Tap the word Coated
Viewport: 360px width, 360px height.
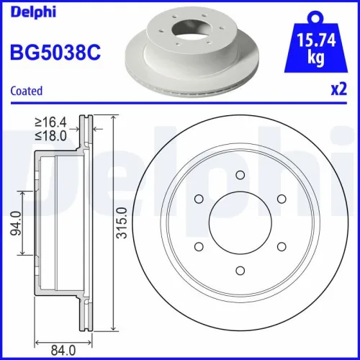[x=26, y=91]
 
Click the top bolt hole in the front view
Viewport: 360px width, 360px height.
[x=238, y=175]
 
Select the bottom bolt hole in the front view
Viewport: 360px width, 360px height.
[x=238, y=270]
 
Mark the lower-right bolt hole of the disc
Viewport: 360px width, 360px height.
[x=280, y=246]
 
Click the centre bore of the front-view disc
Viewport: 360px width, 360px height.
[x=238, y=222]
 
